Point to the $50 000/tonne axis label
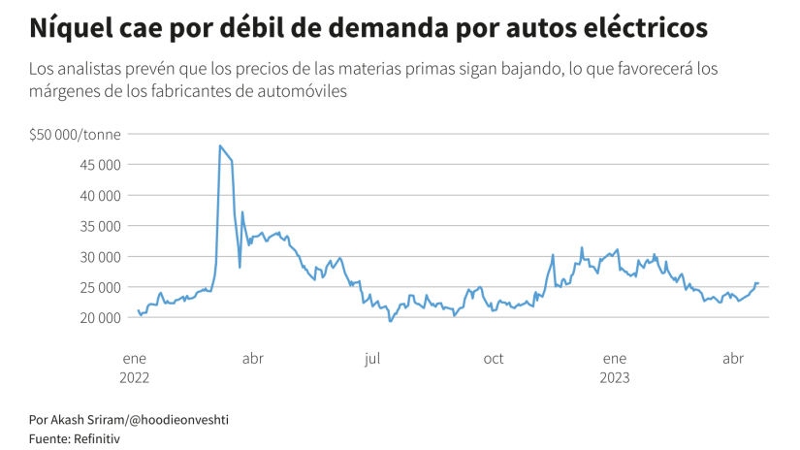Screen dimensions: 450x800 click(75, 134)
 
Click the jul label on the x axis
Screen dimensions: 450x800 click(372, 359)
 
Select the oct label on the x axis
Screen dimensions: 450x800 click(494, 359)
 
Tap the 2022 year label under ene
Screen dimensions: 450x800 click(135, 377)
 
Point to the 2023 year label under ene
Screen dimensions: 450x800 click(615, 377)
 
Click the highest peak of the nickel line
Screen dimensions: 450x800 click(220, 145)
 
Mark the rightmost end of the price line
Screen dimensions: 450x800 click(758, 283)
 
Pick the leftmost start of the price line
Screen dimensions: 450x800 click(139, 310)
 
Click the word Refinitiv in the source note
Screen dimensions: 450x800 click(97, 438)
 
